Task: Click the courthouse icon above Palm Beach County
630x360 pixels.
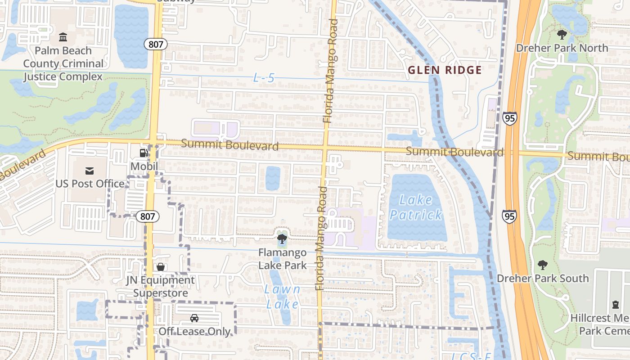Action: tap(63, 37)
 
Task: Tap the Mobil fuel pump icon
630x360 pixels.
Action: tap(144, 153)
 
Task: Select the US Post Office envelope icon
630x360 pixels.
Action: tap(90, 171)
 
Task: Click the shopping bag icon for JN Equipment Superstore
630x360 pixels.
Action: tap(160, 267)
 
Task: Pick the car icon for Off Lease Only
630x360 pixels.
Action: tap(194, 318)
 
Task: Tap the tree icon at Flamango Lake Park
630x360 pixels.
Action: tap(282, 239)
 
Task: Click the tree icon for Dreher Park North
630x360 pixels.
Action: tap(562, 34)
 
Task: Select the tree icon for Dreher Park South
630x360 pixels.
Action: tap(542, 265)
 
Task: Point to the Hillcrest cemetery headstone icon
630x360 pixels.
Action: tap(615, 305)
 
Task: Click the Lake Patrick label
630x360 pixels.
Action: tap(416, 207)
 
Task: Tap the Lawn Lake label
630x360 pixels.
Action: tap(282, 297)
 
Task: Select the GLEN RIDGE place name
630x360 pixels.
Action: tap(445, 70)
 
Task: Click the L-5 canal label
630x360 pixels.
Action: tap(264, 78)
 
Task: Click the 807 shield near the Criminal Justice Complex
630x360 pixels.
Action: tap(156, 44)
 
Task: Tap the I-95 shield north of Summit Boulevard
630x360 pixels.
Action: tap(510, 118)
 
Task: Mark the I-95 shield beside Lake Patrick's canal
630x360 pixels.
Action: tap(509, 216)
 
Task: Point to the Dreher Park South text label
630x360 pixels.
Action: tap(542, 279)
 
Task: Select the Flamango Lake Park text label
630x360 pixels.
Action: tap(282, 259)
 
